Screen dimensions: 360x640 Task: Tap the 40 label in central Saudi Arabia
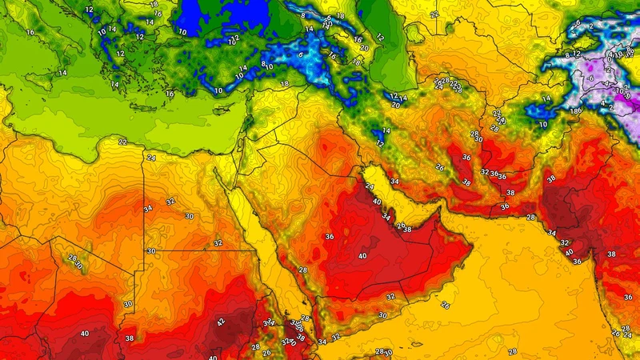pos(362,256)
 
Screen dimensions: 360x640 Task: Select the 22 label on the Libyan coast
pos(122,142)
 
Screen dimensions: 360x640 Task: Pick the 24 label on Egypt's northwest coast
pos(151,158)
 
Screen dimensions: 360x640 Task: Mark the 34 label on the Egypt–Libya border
pos(147,209)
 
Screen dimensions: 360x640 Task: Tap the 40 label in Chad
pos(85,333)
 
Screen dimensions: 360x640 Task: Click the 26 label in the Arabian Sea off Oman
pos(446,305)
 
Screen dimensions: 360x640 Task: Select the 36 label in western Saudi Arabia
pos(329,237)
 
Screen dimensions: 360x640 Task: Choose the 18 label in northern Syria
pos(284,83)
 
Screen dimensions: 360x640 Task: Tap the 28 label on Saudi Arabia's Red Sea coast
pos(303,271)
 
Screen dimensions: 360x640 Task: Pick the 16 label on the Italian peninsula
pos(30,32)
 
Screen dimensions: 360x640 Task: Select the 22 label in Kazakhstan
pos(434,14)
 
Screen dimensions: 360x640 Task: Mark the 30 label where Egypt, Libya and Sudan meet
pos(151,251)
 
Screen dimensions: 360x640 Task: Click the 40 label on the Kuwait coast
pos(377,202)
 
